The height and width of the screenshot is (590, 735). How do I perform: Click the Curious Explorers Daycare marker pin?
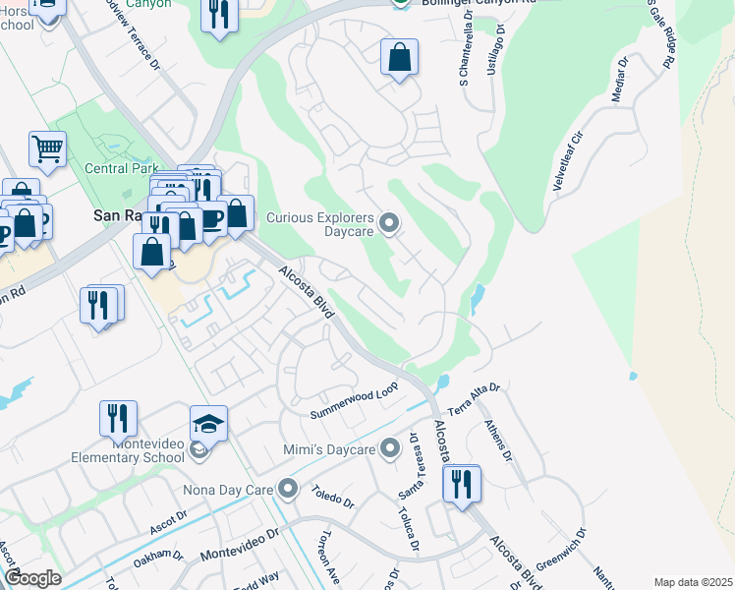(389, 224)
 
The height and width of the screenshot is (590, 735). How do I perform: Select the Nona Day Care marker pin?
(287, 488)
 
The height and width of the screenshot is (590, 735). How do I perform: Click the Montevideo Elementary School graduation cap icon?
(208, 424)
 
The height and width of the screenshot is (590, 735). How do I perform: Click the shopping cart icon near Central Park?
(47, 149)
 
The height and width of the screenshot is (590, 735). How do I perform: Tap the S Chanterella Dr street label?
(463, 49)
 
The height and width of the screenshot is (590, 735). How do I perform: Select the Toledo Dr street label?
(333, 493)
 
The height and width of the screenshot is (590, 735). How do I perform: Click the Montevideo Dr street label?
(240, 547)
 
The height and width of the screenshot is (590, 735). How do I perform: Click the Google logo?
(32, 578)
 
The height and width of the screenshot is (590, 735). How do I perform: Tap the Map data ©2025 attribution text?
(692, 582)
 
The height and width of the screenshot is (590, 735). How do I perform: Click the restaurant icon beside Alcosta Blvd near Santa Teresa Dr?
(460, 484)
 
